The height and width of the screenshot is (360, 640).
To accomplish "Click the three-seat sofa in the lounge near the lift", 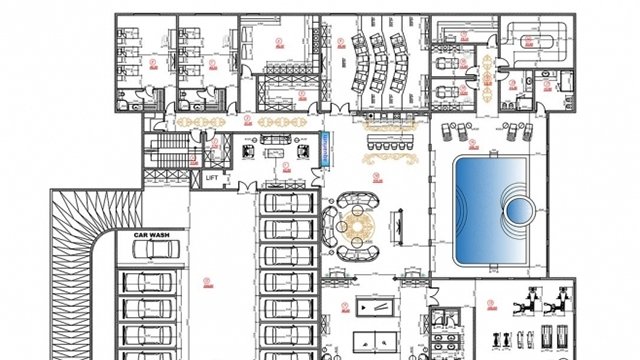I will tap(272, 151).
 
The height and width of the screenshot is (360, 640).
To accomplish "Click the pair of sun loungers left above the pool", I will tap(463, 133).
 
